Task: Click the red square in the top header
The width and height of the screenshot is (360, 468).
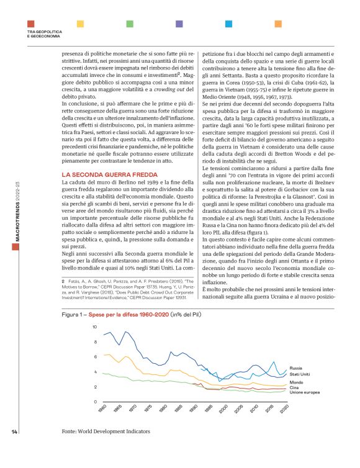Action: coord(30,24)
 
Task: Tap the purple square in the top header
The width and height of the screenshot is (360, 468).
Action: coord(179,24)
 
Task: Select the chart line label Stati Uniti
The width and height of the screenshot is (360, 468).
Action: coord(301,375)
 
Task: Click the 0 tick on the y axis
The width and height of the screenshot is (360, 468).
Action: coord(78,402)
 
